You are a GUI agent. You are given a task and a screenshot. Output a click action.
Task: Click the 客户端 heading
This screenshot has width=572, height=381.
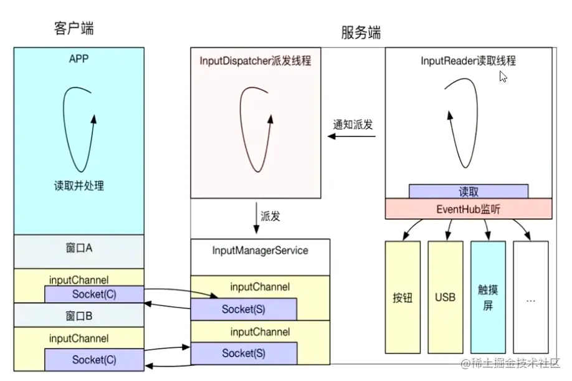coord(74,28)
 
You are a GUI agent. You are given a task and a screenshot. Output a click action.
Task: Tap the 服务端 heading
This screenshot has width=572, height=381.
coord(361,32)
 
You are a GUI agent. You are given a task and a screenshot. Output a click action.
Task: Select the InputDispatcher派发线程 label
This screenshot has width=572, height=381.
coord(255,61)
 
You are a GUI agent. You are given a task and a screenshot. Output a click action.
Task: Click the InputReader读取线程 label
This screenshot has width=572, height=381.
coord(468,61)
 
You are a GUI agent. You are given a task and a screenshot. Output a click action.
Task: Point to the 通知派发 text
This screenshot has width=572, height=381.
coord(353,124)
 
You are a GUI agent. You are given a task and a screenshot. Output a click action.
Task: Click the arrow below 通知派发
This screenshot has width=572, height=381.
coord(352,136)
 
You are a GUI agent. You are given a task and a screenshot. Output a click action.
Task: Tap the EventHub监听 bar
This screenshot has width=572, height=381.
coord(468,209)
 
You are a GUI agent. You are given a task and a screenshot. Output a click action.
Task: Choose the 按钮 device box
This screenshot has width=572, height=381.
coord(403,297)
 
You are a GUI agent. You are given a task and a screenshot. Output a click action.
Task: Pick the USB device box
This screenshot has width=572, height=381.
coord(445,297)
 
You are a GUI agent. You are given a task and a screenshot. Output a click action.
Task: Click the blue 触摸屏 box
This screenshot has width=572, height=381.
coord(488,297)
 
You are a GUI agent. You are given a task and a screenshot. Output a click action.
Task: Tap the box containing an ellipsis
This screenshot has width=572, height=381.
coord(530,297)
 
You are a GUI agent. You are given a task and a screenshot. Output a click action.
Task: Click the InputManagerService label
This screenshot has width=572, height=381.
coord(260,250)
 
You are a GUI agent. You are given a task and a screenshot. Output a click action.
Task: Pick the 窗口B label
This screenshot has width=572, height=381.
coord(79,316)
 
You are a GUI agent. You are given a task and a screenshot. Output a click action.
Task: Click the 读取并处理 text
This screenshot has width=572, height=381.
coord(79,185)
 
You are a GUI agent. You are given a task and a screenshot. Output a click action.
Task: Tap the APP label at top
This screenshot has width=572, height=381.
coord(79,60)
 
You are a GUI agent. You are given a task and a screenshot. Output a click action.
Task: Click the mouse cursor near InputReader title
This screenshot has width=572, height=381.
coord(503,76)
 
